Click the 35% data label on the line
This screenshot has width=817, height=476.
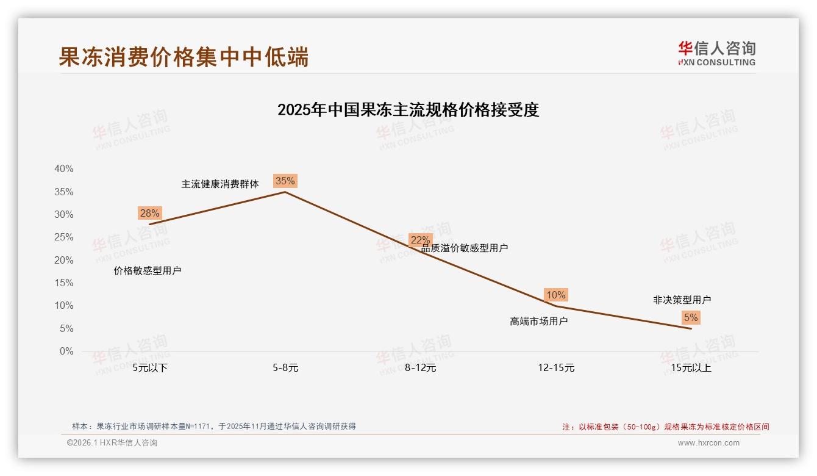pos(285,181)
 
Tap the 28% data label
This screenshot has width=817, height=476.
pos(149,213)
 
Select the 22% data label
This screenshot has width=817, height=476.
pos(420,240)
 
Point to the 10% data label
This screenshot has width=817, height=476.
pos(555,295)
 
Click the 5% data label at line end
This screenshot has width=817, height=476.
pos(691,317)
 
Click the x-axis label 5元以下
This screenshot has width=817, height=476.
pos(150,368)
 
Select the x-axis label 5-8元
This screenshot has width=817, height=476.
pos(285,368)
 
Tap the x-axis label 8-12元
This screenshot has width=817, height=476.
pos(421,368)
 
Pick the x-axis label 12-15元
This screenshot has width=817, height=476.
pos(556,368)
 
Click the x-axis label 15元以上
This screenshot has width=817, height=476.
pos(691,368)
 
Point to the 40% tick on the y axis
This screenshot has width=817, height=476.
pos(64,169)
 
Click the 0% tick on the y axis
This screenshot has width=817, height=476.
pos(66,352)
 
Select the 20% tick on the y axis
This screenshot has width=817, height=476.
pos(64,261)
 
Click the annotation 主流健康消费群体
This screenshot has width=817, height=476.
pos(220,184)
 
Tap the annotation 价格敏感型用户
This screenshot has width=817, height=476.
pos(148,270)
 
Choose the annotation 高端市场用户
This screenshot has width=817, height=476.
pos(538,321)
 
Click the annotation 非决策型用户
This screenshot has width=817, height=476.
pos(682,300)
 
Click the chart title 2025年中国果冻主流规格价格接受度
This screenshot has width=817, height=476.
pos(408,110)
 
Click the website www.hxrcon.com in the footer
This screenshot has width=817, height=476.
pos(708,443)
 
